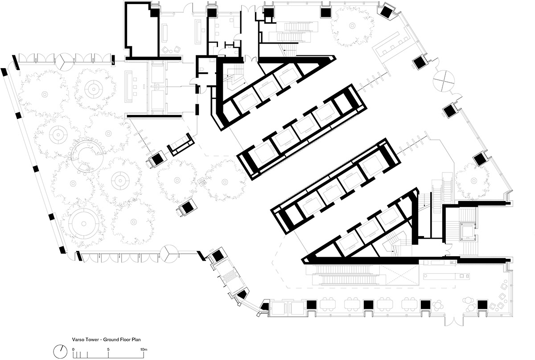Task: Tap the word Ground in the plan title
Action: point(110,340)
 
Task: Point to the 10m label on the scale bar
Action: point(144,349)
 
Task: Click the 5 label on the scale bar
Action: point(108,349)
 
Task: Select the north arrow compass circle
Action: point(61,352)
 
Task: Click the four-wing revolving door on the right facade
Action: point(444,81)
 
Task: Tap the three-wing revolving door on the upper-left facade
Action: point(64,61)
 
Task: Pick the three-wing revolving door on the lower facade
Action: point(169,254)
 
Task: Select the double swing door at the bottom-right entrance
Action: point(454,321)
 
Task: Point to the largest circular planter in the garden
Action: point(84,224)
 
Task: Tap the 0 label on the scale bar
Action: point(73,349)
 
